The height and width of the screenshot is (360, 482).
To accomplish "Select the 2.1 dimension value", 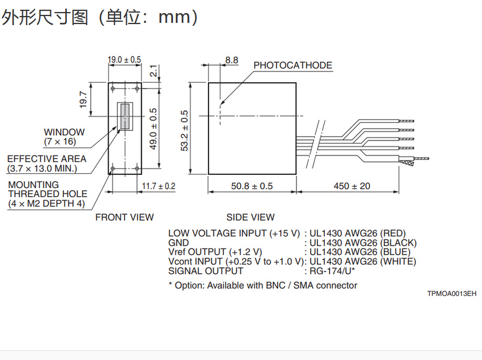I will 153,71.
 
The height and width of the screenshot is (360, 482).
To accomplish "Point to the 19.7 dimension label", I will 82,100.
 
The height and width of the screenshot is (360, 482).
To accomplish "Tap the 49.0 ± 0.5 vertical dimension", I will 153,129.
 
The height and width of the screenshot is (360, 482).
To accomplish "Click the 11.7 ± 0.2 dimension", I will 158,186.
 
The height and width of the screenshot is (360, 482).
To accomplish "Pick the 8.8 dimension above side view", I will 231,60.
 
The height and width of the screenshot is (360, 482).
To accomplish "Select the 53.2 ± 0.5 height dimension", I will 184,131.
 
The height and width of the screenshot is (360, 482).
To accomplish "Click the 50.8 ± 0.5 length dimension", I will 252,186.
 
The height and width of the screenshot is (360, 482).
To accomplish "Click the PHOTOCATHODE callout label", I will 292,65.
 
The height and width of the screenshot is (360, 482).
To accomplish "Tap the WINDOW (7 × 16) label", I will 64,137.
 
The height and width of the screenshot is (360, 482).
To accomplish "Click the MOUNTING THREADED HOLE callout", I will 46,194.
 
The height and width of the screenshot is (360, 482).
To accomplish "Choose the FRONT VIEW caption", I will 124,217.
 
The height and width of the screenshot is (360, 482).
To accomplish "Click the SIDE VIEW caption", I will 250,217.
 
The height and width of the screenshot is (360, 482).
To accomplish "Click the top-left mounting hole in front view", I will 113,89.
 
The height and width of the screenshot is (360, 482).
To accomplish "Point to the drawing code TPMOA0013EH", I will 451,294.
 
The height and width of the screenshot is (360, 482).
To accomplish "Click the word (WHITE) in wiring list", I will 398,261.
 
